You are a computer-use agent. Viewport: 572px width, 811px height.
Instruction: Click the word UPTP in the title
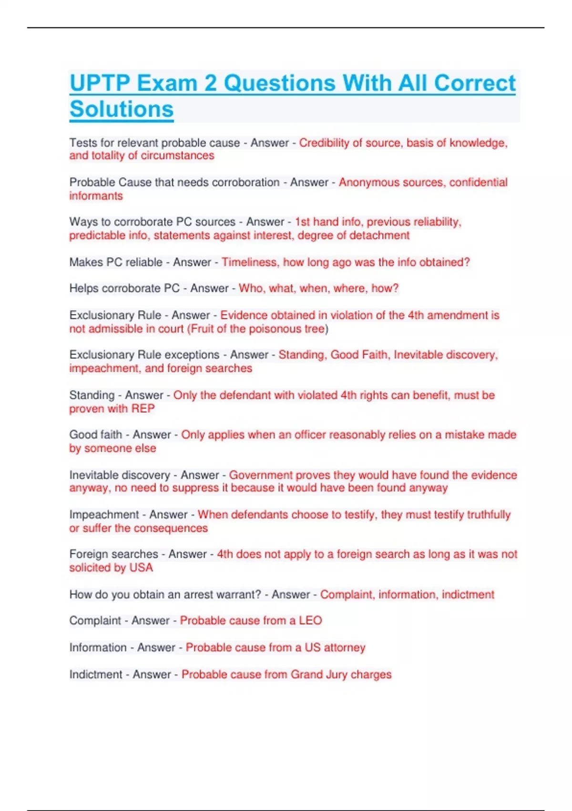coord(99,83)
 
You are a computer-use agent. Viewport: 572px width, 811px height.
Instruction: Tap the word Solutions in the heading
coord(122,109)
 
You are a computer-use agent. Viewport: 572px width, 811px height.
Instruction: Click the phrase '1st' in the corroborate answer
coord(302,222)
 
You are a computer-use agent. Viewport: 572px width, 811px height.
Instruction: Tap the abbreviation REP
coord(143,408)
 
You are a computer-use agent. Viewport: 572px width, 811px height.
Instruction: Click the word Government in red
coord(261,475)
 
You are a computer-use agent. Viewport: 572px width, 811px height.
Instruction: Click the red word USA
coord(141,568)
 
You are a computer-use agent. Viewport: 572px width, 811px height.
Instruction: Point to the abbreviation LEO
coord(310,620)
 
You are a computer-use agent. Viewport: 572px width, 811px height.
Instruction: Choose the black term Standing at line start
coord(92,395)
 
